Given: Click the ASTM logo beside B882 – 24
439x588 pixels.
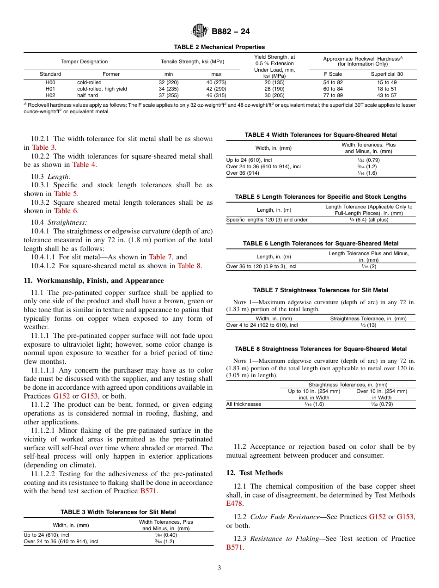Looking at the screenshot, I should (200, 31).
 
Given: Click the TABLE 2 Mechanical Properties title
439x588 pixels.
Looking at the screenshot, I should (219, 47).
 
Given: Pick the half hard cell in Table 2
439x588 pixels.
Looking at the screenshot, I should (87, 95).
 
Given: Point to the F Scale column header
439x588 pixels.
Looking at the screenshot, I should (333, 74).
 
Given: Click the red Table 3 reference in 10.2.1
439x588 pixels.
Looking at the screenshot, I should (43, 147).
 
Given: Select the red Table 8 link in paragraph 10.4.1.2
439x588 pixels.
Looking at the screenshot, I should (189, 266).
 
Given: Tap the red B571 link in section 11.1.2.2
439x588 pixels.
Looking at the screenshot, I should (149, 491).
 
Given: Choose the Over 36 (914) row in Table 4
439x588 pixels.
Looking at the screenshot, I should (243, 173).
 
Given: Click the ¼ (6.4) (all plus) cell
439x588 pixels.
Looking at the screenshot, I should (369, 220).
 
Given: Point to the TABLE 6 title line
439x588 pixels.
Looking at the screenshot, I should (321, 243).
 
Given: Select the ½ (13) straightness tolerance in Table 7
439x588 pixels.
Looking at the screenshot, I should (368, 325).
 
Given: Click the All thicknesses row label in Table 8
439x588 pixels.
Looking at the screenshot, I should (244, 404).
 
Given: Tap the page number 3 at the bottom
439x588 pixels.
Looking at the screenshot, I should (219, 568).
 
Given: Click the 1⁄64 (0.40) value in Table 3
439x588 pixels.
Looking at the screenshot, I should (166, 535).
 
